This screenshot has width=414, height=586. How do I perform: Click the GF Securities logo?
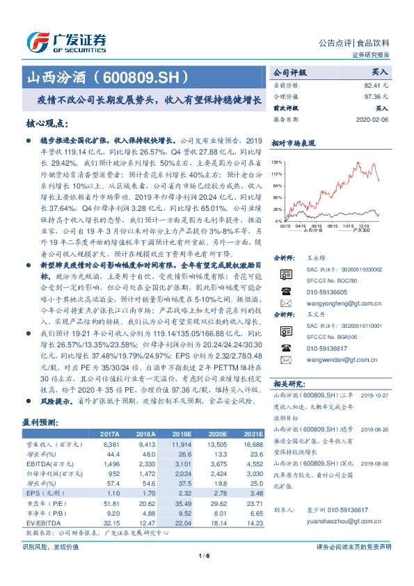[66, 40]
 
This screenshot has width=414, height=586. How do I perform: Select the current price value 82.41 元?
[375, 84]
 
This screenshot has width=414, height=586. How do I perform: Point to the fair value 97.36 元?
[375, 96]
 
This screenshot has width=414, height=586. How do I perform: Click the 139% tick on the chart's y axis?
[277, 161]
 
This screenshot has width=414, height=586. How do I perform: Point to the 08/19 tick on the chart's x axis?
[317, 225]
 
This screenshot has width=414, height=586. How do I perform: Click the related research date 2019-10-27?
[376, 394]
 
